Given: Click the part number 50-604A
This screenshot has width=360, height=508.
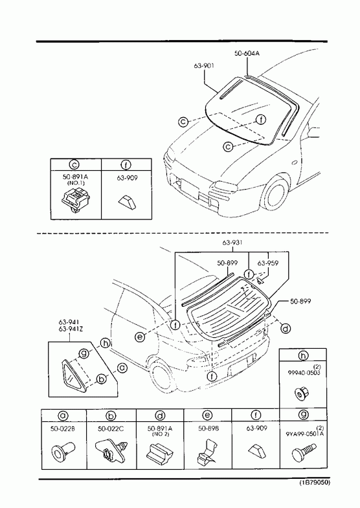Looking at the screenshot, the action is coord(247,54).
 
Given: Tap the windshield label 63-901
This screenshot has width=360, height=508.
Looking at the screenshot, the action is coord(204,66).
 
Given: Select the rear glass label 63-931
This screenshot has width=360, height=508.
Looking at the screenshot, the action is coord(232,243).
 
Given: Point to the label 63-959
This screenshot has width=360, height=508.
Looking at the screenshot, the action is coord(267,263).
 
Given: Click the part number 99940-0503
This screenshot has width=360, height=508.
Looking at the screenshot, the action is coord(304,373).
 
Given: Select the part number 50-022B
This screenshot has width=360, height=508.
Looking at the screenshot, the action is coord(63,428).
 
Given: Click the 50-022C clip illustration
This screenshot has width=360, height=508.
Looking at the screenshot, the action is coord(111,451).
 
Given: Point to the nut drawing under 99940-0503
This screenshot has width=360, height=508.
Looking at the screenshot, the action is coord(303,393).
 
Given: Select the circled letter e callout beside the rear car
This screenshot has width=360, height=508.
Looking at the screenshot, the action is coord(140,337).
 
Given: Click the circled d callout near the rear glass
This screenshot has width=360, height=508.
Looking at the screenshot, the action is coord(285,329).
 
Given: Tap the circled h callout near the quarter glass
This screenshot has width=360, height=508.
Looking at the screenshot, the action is coord(105,343).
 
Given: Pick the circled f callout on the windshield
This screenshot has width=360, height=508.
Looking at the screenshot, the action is coord(261,120).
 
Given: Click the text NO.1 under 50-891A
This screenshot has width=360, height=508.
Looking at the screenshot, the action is coord(75,183).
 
